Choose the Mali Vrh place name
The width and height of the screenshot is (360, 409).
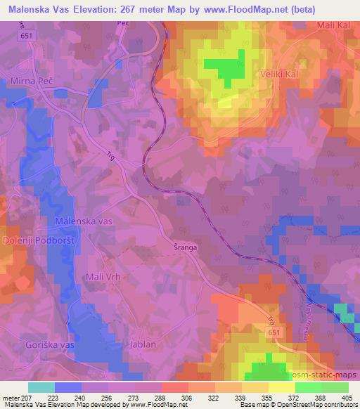point(103,276)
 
